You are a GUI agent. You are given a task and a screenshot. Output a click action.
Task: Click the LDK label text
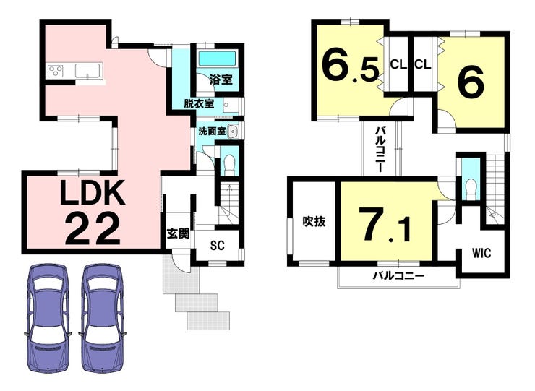coord(91,192)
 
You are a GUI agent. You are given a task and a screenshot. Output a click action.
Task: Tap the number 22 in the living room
coord(93,229)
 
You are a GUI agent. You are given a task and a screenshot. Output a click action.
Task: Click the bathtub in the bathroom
coord(217,59)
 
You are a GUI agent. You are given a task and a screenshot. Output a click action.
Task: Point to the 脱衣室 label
coord(199,104)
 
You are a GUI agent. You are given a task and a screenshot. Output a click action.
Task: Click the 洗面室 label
coord(212,131)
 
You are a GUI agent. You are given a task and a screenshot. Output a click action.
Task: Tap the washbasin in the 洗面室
coord(233,132)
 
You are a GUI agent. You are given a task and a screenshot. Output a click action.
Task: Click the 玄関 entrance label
coord(178,233)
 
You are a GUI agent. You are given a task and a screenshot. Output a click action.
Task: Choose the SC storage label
coord(218,245)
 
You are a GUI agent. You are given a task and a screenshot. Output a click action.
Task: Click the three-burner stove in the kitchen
coord(56,72)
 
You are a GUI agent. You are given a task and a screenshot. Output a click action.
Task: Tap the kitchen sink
coord(88,71)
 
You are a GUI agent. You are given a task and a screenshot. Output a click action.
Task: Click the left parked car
coord(48,318)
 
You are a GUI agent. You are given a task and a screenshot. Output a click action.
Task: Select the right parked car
coord(102,318)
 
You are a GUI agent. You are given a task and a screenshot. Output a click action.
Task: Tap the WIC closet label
coord(482,253)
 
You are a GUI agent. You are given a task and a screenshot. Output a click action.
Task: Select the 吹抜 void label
coord(314,222)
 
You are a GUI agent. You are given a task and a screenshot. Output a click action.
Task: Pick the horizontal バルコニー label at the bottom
coord(398,275)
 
